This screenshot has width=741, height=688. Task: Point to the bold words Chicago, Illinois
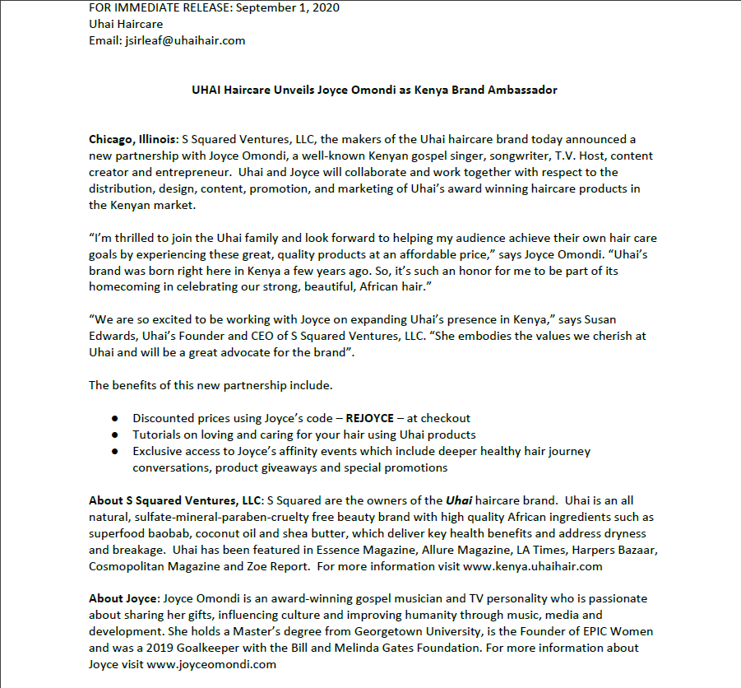point(126,140)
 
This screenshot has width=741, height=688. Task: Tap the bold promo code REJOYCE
point(369,418)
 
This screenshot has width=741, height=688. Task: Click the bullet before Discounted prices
point(115,419)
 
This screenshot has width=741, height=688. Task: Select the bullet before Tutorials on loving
point(115,435)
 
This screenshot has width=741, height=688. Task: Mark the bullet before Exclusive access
point(115,451)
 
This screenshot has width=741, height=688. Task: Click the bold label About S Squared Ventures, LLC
point(175,500)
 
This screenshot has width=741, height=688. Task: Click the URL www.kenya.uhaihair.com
point(533,566)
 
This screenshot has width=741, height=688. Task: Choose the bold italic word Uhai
point(459,500)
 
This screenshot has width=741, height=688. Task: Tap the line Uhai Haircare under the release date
point(125,23)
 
